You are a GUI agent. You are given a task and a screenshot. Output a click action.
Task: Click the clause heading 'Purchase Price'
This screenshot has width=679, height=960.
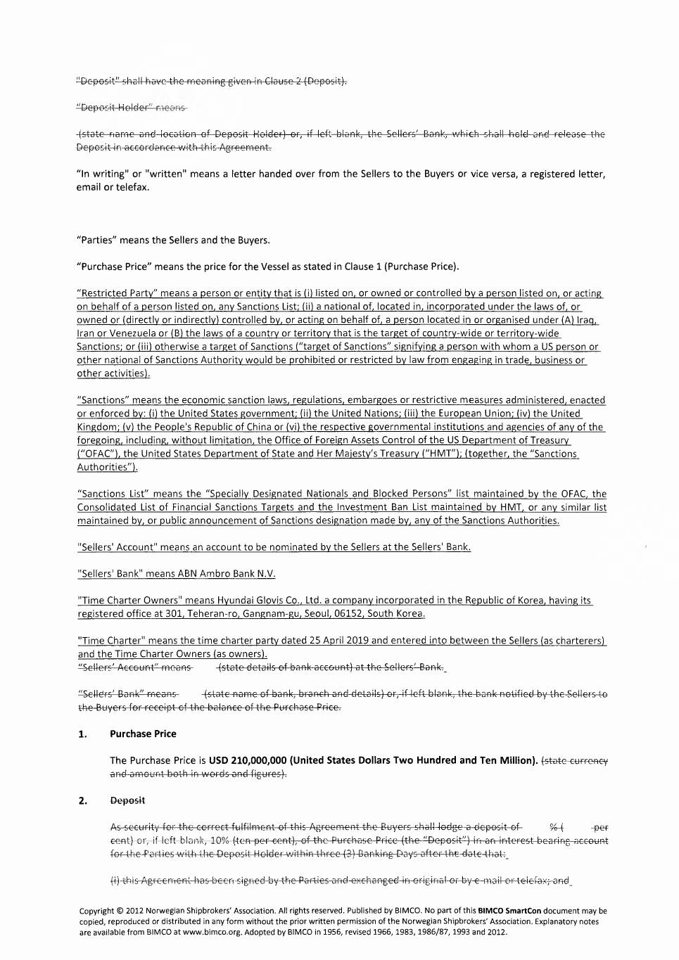click(x=143, y=734)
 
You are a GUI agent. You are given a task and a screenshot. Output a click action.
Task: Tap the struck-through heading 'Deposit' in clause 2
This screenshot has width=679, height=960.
click(x=127, y=800)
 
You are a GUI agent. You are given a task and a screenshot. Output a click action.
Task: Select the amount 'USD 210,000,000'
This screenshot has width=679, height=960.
click(x=248, y=760)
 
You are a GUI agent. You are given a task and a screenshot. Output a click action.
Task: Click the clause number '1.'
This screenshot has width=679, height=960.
click(x=82, y=734)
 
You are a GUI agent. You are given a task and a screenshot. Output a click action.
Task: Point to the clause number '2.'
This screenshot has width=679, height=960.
click(x=82, y=801)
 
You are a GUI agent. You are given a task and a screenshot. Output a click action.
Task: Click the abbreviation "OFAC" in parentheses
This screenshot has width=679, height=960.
click(x=96, y=454)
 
